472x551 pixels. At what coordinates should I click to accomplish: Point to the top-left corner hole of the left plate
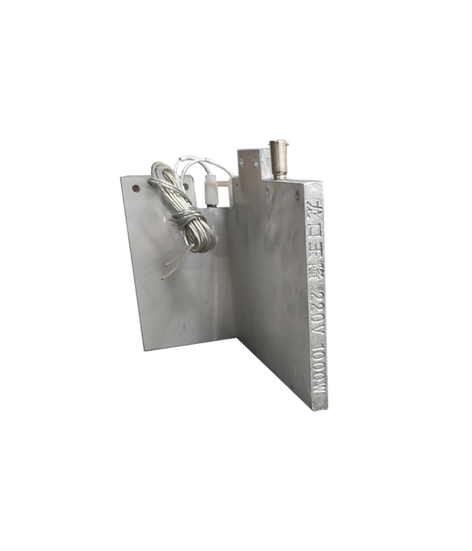point(135,189)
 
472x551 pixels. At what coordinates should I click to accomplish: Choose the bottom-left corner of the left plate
point(146,347)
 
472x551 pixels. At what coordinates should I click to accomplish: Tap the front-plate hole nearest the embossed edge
point(297,194)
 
